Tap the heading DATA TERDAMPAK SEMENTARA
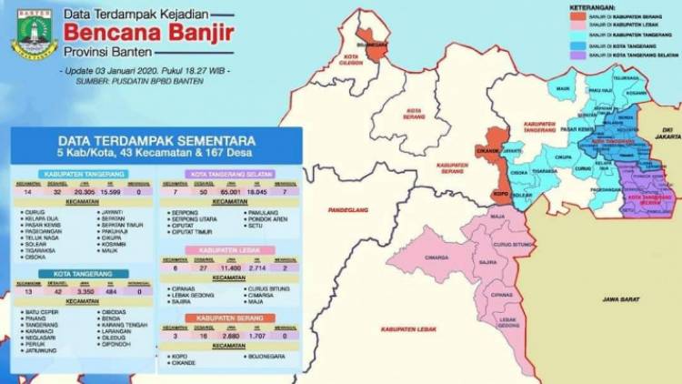155,141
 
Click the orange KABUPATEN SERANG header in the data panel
230,318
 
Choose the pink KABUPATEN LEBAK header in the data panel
230,249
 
